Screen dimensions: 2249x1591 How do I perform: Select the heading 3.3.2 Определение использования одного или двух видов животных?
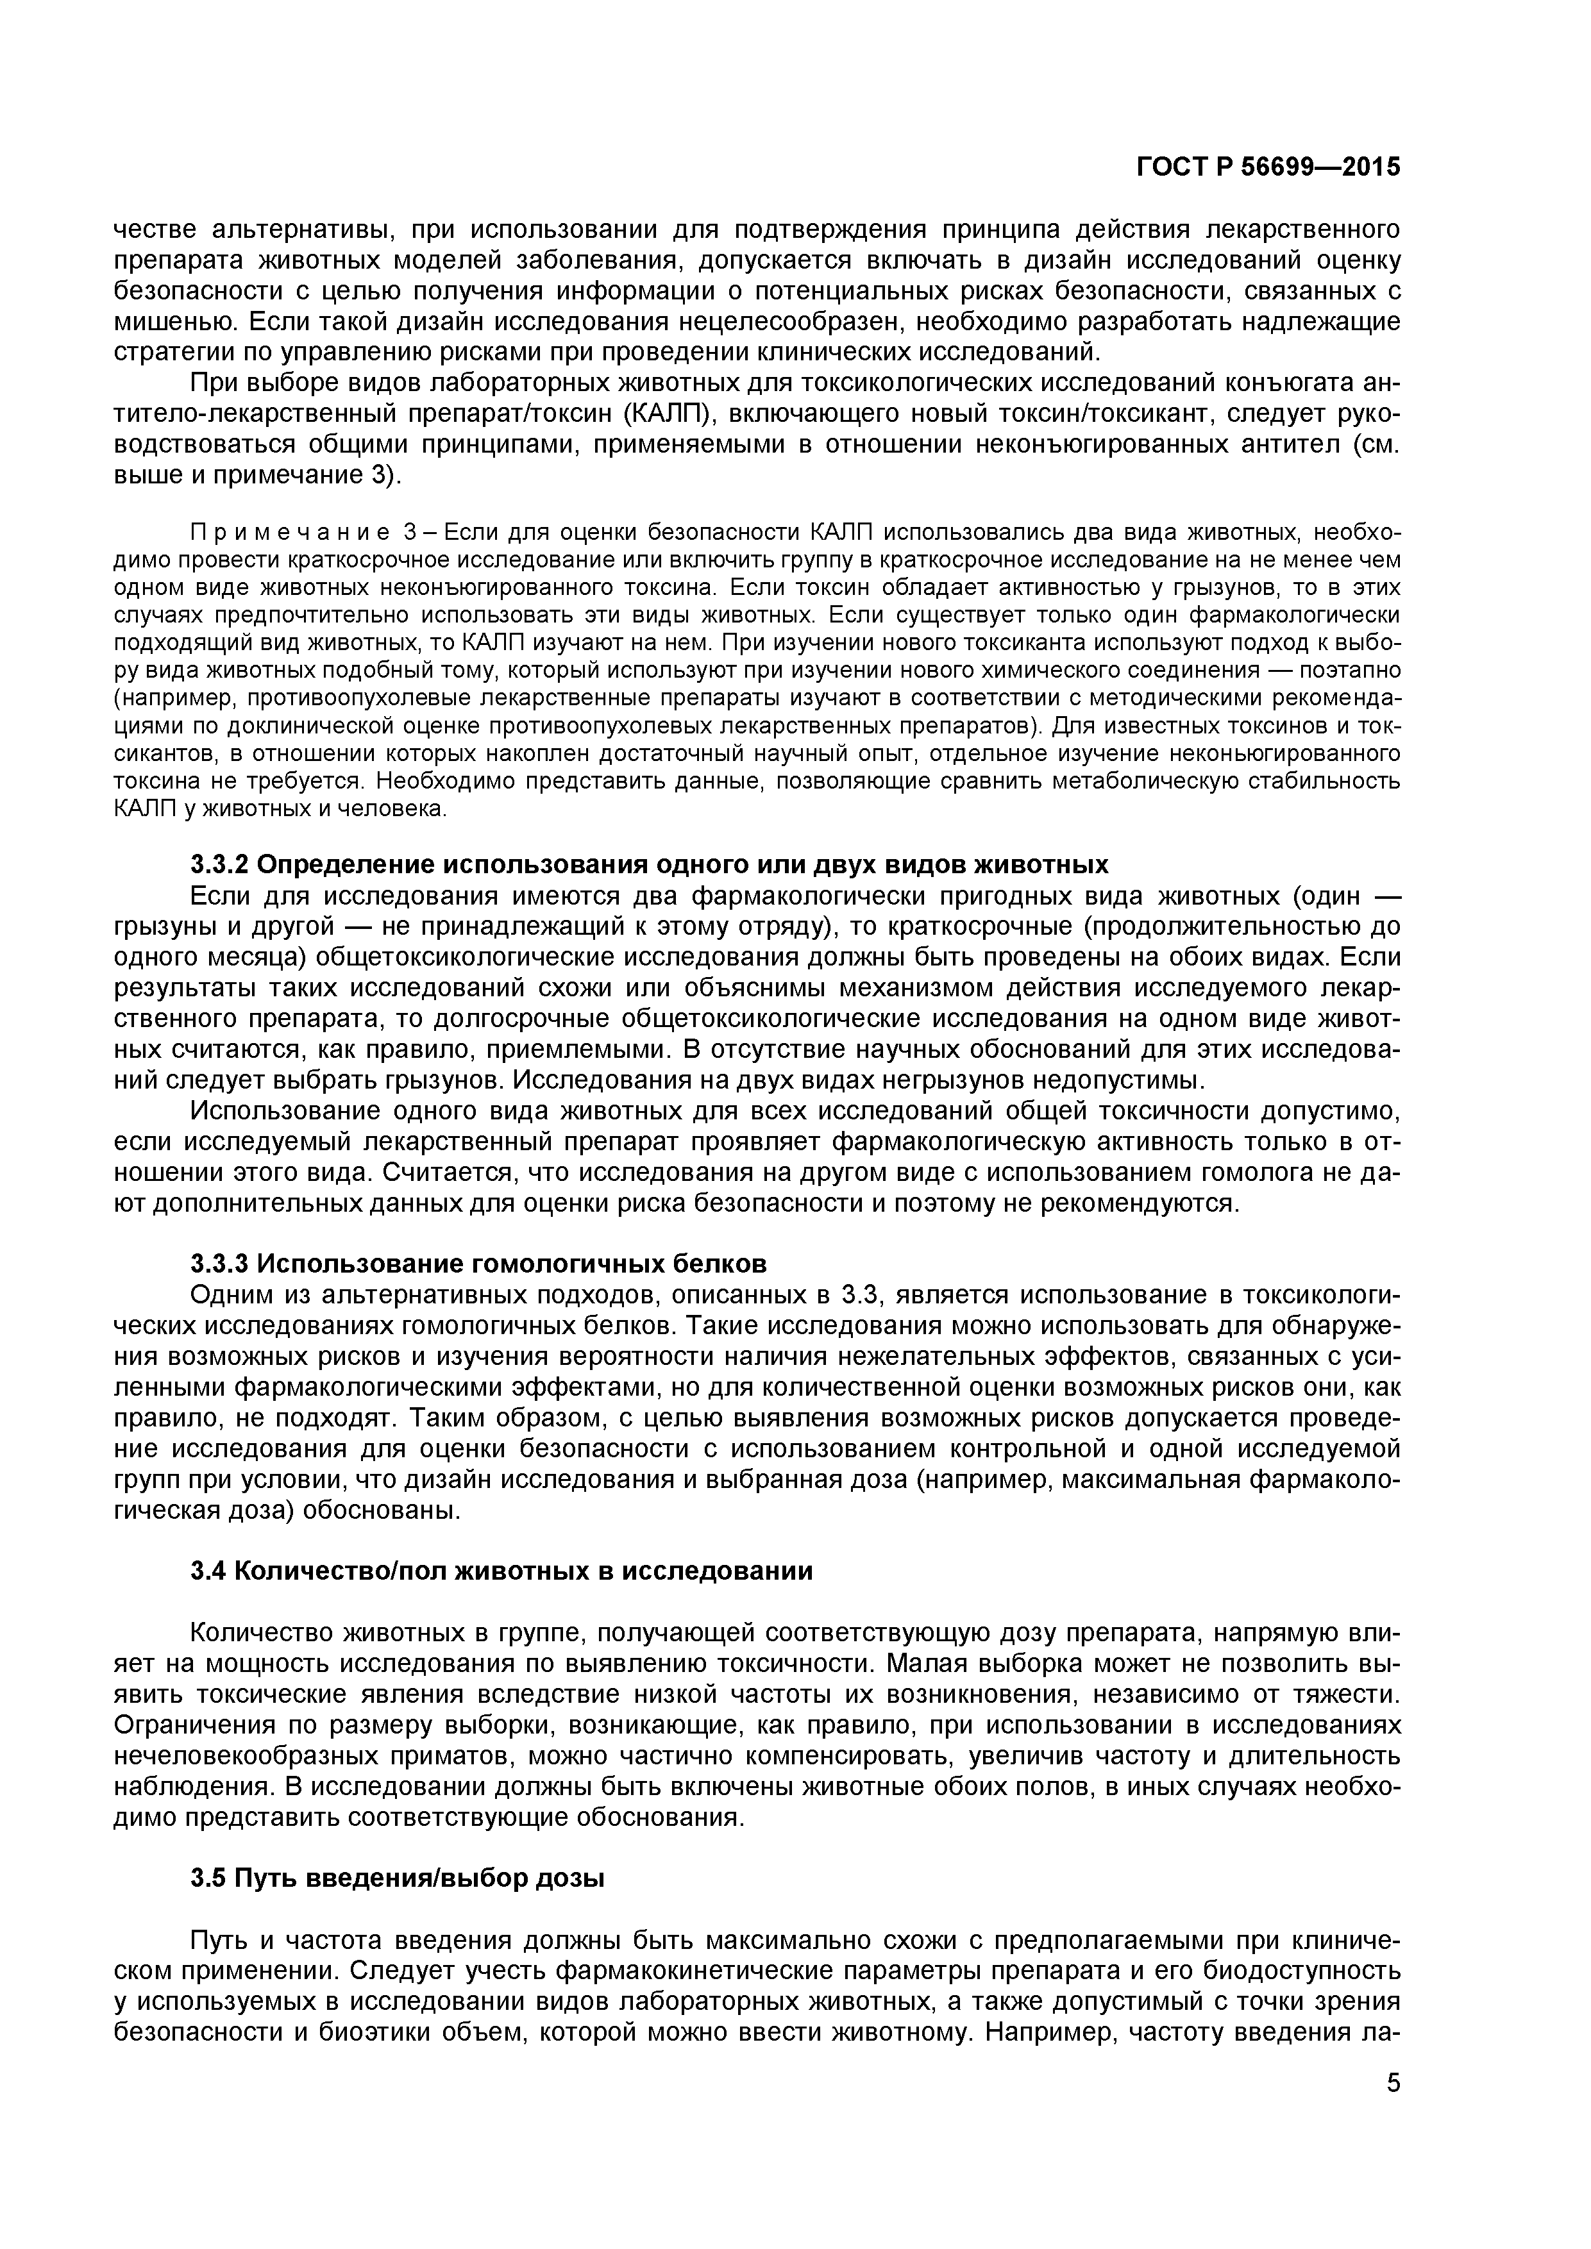point(648,865)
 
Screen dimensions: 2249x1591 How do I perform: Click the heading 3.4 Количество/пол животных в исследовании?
point(501,1571)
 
